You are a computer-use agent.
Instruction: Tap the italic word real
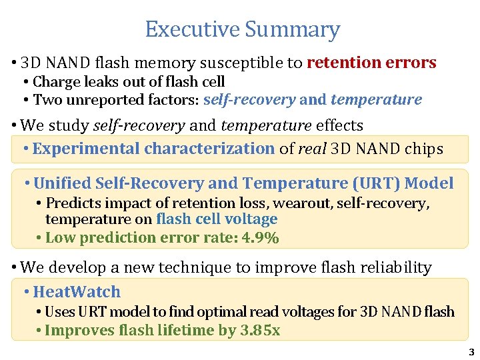(x=312, y=149)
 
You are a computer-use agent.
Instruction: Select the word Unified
(x=65, y=183)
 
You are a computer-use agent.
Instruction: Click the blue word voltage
(x=252, y=219)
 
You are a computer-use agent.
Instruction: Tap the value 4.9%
(x=261, y=238)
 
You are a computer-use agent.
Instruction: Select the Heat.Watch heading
(x=77, y=292)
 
